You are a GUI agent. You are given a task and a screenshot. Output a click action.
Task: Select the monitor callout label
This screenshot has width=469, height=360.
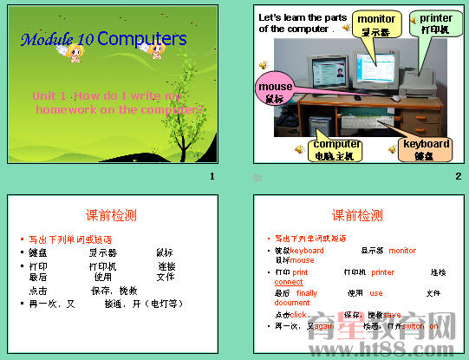376,24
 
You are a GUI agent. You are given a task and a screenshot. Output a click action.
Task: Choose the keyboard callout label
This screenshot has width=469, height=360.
424,149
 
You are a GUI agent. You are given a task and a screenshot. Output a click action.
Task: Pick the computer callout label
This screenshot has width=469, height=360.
336,149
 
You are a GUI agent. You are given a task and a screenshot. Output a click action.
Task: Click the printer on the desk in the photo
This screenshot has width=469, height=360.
433,83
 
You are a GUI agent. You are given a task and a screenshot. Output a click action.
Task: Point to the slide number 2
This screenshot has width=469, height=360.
458,177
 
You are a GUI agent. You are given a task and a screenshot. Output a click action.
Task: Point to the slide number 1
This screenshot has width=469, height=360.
212,177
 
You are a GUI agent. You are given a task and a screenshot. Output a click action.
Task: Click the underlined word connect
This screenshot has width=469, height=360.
289,282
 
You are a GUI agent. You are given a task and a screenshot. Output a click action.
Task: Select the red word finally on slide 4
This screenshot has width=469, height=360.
307,293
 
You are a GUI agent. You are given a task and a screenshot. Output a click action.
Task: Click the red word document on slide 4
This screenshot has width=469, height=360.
291,303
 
